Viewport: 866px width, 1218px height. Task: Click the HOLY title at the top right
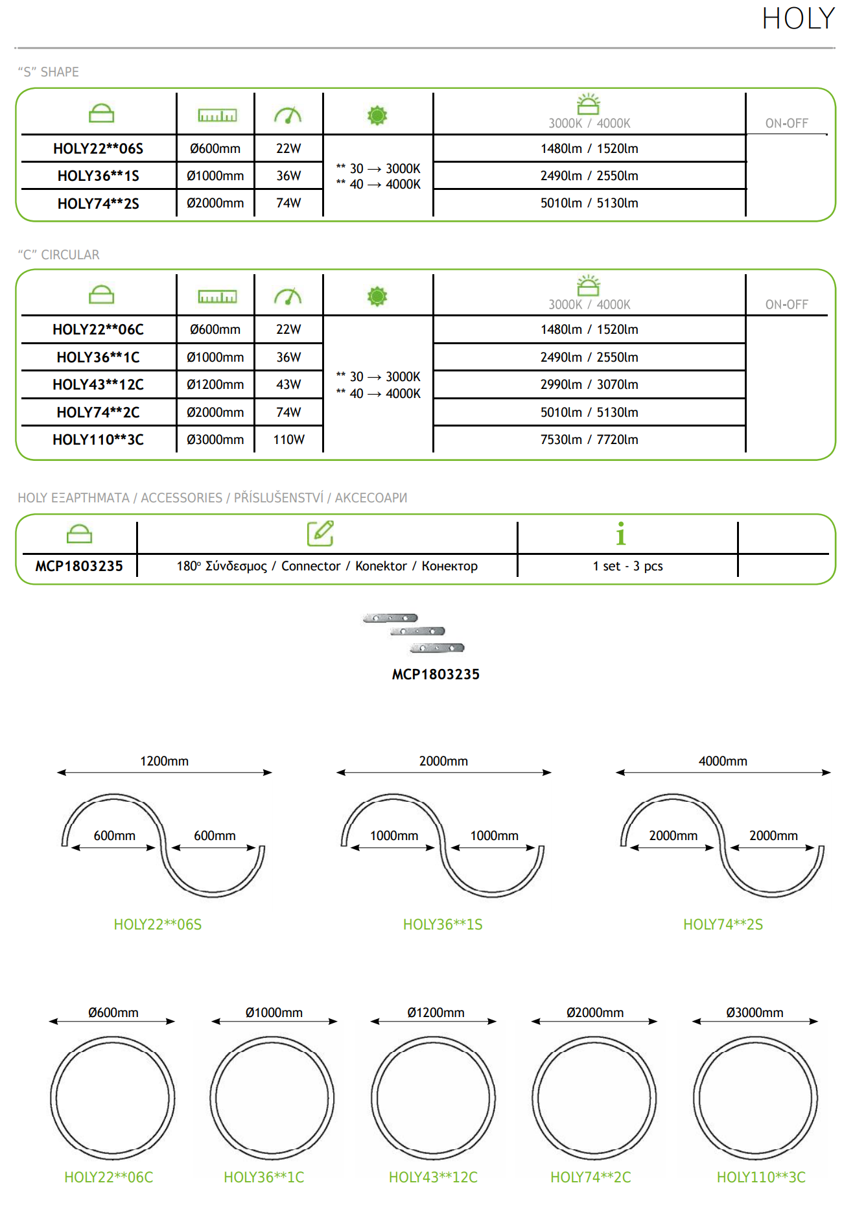pyautogui.click(x=798, y=19)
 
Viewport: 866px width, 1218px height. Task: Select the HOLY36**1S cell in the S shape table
pyautogui.click(x=98, y=176)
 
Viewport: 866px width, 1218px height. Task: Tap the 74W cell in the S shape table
pyautogui.click(x=288, y=203)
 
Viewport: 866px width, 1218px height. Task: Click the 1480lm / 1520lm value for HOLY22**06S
pyautogui.click(x=589, y=148)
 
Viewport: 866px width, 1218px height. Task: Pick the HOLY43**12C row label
pyautogui.click(x=98, y=384)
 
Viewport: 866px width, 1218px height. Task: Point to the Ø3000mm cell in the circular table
pyautogui.click(x=215, y=439)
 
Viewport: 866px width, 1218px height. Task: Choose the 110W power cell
pyautogui.click(x=288, y=439)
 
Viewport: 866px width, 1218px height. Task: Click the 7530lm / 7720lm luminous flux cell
pyautogui.click(x=589, y=439)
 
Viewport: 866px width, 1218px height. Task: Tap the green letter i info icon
pyautogui.click(x=621, y=533)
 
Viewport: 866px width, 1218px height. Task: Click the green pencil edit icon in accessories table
pyautogui.click(x=320, y=533)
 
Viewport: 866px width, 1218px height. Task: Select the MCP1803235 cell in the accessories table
pyautogui.click(x=79, y=566)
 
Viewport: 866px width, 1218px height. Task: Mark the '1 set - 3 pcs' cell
pyautogui.click(x=627, y=566)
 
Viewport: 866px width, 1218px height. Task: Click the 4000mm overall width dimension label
pyautogui.click(x=723, y=761)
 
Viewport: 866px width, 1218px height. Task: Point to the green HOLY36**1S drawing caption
pyautogui.click(x=443, y=924)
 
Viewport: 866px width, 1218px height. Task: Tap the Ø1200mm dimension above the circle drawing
pyautogui.click(x=436, y=1013)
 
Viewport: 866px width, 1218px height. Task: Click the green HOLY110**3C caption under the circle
pyautogui.click(x=761, y=1177)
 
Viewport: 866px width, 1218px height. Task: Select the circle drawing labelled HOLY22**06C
pyautogui.click(x=113, y=1098)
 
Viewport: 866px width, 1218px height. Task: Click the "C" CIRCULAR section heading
pyautogui.click(x=59, y=255)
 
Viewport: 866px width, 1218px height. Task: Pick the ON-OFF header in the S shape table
pyautogui.click(x=786, y=123)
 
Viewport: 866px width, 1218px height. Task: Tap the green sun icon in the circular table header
pyautogui.click(x=377, y=297)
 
